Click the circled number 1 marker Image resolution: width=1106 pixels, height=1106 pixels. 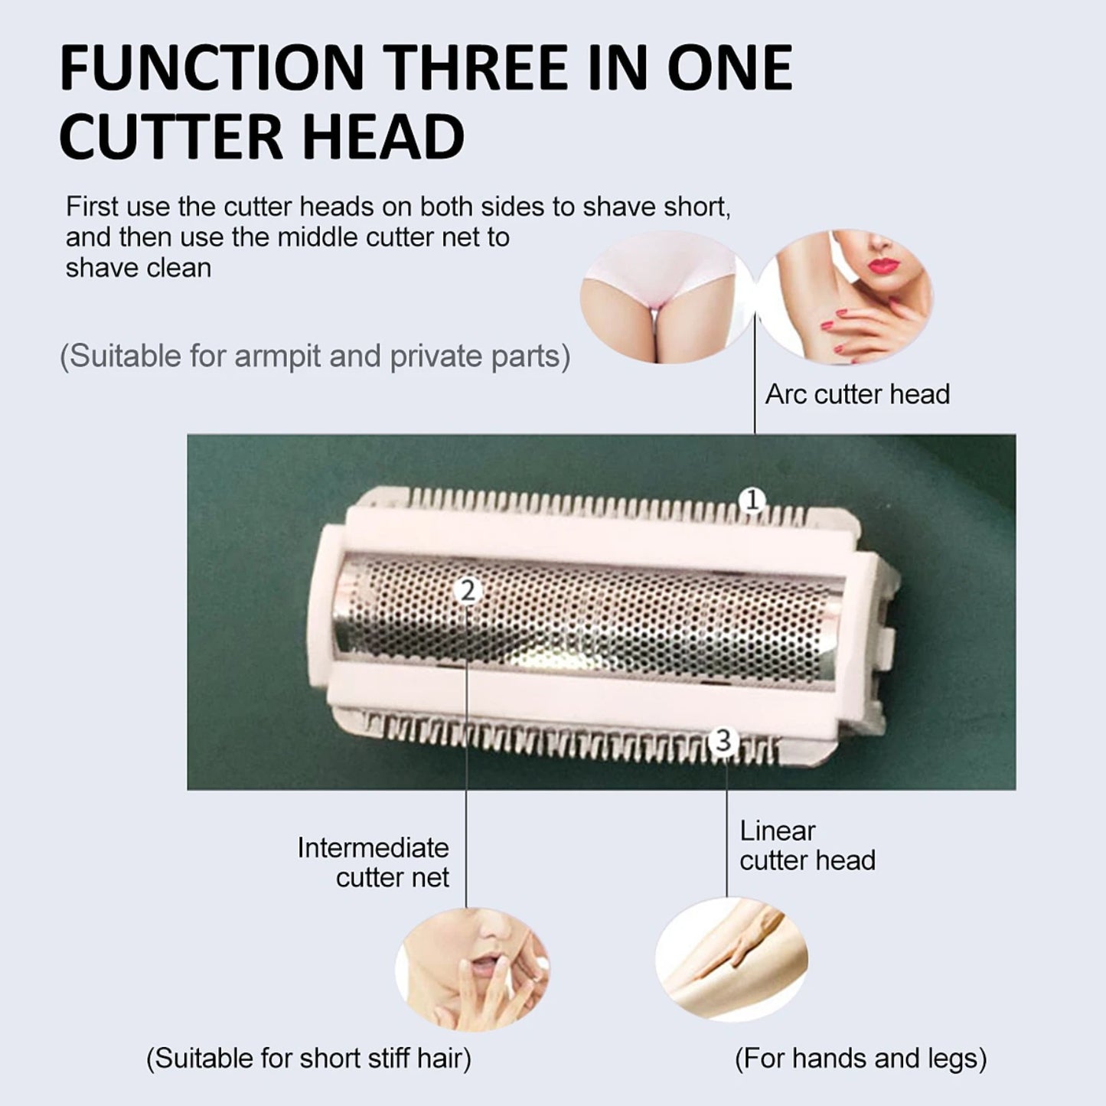click(x=752, y=501)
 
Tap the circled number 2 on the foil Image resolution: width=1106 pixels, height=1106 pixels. click(x=467, y=591)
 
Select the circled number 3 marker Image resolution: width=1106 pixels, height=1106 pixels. click(x=724, y=740)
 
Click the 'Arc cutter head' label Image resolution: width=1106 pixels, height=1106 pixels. click(x=857, y=395)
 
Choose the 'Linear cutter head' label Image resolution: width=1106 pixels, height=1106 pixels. click(x=807, y=846)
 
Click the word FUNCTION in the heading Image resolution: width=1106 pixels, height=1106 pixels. click(x=212, y=67)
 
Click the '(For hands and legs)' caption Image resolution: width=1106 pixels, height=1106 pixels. click(x=860, y=1042)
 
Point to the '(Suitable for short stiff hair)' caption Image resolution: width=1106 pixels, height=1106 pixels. click(x=308, y=1042)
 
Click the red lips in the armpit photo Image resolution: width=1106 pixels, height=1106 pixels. click(x=883, y=265)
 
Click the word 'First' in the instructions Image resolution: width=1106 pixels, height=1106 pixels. click(x=92, y=207)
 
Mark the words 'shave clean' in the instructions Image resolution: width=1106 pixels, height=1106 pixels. click(x=139, y=268)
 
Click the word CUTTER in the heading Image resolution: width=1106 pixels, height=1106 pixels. click(x=171, y=137)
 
